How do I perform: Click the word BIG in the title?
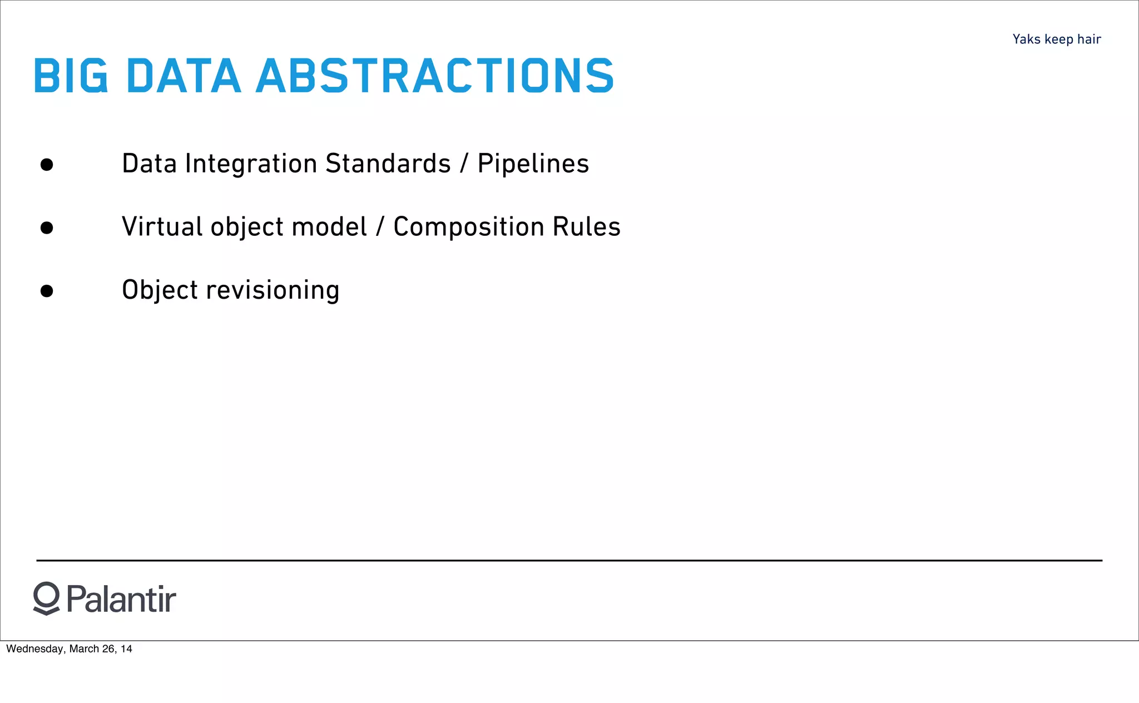[x=71, y=76]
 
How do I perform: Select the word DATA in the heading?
[x=184, y=76]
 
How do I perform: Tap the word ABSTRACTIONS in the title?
[x=434, y=76]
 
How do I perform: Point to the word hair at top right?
[x=1089, y=39]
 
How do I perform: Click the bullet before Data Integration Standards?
[x=47, y=165]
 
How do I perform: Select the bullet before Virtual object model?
[x=47, y=228]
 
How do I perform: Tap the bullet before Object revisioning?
[x=47, y=291]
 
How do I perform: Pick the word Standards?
[x=388, y=164]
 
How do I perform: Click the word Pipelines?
[x=533, y=164]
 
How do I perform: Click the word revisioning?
[x=273, y=290]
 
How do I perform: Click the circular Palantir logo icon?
[x=46, y=598]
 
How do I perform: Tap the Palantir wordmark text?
[x=121, y=600]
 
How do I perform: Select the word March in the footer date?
[x=84, y=649]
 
